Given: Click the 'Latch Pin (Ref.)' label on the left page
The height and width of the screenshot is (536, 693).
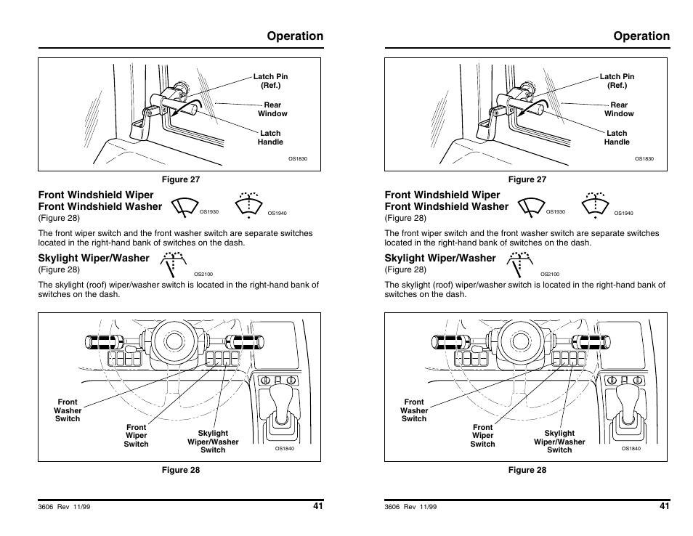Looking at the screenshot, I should coord(270,81).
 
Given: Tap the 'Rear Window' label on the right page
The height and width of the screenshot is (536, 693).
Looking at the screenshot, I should coord(619,109).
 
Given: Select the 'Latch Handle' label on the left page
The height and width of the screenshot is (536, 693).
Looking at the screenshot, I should coord(270,137).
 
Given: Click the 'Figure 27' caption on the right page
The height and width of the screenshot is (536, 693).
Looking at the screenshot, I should coord(527,179).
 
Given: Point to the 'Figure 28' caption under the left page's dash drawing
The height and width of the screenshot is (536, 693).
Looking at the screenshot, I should coord(180,470).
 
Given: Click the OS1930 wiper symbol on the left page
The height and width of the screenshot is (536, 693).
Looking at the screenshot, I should coord(185,208).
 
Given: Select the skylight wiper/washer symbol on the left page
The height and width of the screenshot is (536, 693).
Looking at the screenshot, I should coord(174,264).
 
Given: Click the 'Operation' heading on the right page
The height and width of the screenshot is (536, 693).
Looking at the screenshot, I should coord(641,36).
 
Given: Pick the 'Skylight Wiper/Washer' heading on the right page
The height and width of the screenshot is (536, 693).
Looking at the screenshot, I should coord(439,258).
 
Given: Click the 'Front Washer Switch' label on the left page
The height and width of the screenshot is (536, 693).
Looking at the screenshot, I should coord(68,410).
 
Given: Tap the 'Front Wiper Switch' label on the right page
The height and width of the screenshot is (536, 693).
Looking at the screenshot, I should coord(482,436).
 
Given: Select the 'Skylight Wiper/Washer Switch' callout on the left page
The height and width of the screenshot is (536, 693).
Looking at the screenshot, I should coord(213,442).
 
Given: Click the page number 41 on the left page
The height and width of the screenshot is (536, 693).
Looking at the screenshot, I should coord(318,506).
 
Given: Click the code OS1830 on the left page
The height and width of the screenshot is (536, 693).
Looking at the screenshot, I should coord(298,158).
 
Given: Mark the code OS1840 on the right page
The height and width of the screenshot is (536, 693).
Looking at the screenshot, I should coord(631,449).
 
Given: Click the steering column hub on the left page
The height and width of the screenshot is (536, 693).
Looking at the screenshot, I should coord(172,341).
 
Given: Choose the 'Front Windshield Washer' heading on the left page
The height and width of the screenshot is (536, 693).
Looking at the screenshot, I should coord(100,206).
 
